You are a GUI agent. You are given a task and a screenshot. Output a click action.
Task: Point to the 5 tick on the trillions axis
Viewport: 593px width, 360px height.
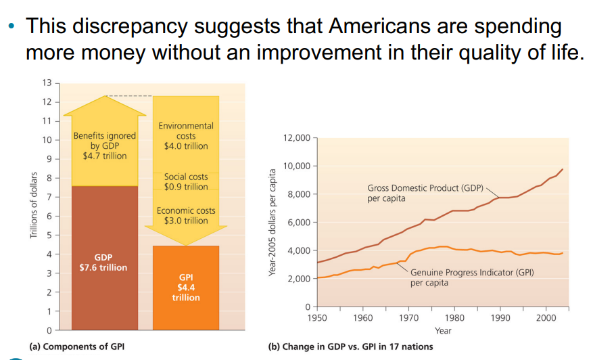tap(49, 235)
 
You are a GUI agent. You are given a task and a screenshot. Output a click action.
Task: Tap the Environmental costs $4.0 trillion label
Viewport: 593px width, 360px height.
tap(186, 135)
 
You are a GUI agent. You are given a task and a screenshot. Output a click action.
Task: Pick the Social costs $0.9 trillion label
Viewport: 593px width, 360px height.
tap(186, 181)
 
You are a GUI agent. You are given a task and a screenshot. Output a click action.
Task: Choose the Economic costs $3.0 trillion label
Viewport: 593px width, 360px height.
tap(186, 215)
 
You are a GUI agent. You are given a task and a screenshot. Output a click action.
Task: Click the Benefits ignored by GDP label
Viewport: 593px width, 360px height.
tap(104, 145)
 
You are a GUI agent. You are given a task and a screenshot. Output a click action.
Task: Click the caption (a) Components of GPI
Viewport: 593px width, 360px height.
tap(76, 346)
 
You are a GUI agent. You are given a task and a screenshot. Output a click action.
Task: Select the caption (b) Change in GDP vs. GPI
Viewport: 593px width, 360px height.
tap(350, 346)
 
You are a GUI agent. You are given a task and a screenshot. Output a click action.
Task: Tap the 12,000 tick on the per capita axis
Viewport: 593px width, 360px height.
tap(297, 138)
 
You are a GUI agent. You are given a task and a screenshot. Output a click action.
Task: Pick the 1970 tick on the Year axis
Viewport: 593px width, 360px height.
tap(408, 317)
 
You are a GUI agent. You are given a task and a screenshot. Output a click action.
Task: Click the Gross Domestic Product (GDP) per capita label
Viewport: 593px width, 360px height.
tap(425, 193)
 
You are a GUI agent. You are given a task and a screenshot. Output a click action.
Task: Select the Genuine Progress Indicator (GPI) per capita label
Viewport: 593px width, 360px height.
tap(472, 277)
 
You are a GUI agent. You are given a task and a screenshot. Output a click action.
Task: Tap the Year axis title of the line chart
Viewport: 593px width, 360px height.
tap(443, 330)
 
